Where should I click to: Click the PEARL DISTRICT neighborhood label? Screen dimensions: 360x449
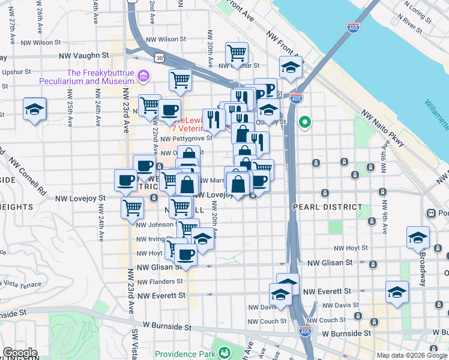pyautogui.click(x=320, y=207)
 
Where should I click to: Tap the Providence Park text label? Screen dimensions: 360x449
pyautogui.click(x=185, y=354)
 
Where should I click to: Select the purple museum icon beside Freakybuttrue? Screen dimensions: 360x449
pyautogui.click(x=143, y=76)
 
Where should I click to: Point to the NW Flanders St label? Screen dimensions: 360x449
pyautogui.click(x=160, y=281)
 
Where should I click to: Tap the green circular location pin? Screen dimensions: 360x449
pyautogui.click(x=305, y=124)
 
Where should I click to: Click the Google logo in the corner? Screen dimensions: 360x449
pyautogui.click(x=20, y=352)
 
